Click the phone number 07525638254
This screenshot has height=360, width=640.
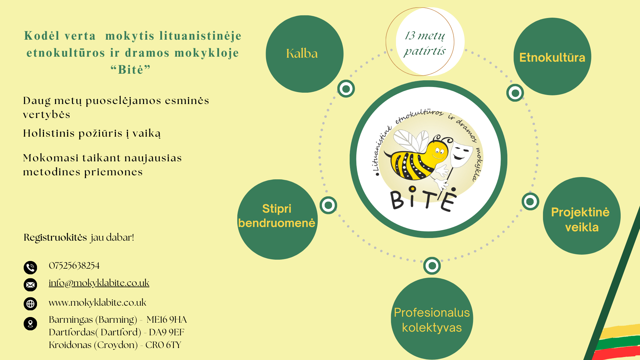coord(74,266)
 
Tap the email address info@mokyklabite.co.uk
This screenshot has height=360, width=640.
coord(99,283)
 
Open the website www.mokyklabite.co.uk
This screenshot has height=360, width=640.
coord(97,303)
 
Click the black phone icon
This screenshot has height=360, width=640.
coord(30,267)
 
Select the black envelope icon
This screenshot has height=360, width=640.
coord(30,285)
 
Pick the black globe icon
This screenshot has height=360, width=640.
coord(30,304)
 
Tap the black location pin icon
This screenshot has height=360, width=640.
coord(30,323)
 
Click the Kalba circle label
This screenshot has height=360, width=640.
coord(302,54)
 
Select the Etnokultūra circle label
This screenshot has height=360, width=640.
coord(552,57)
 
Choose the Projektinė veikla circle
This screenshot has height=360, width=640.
coord(582,216)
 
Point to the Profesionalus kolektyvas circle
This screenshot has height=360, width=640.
coord(432,319)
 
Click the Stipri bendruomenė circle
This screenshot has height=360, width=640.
coord(277,219)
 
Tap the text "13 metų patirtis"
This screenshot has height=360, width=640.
coord(425,43)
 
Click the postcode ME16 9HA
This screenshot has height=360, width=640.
coord(167,320)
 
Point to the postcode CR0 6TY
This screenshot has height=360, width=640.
coord(163,345)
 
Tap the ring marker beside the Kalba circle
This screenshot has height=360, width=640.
coord(346,89)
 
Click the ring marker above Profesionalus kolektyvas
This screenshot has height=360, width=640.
coord(432,266)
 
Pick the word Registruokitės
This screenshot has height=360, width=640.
coord(55,238)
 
